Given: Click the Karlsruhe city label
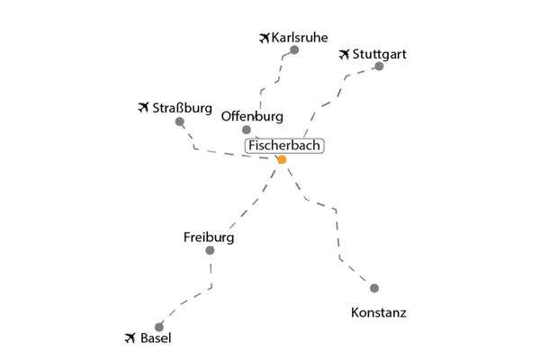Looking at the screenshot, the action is click(300, 38).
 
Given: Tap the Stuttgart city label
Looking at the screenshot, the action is click(380, 54).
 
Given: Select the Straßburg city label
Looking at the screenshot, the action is click(182, 108).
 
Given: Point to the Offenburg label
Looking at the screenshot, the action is click(252, 116).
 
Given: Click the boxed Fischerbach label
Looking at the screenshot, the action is click(284, 146).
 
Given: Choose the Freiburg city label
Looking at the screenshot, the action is click(209, 238).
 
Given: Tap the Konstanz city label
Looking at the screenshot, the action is click(379, 313).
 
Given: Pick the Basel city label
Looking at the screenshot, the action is click(156, 338).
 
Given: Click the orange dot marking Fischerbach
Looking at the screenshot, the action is click(282, 159).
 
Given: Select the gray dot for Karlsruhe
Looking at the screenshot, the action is click(294, 50).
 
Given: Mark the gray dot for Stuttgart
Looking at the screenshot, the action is click(379, 66).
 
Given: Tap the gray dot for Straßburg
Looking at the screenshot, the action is click(179, 121).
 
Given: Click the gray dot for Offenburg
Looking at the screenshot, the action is click(247, 130).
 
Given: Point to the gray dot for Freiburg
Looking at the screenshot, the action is click(210, 250).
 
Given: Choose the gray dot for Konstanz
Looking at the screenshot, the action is click(374, 288).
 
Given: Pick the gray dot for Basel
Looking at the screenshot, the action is click(159, 327).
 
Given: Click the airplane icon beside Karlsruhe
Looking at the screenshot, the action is click(264, 38).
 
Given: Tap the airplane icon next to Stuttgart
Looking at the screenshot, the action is click(344, 54).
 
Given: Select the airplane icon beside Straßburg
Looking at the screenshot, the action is click(143, 107).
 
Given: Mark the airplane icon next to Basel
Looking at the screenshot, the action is click(130, 338).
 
